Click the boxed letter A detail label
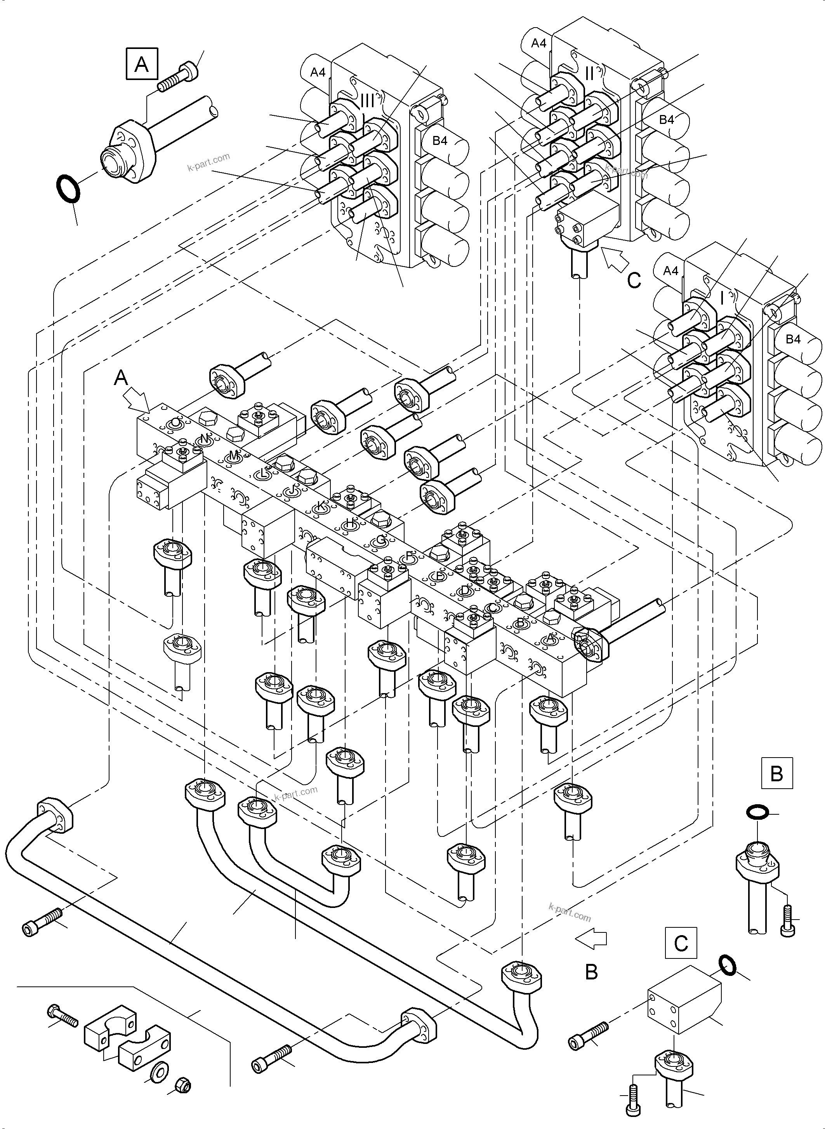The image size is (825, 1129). tap(142, 64)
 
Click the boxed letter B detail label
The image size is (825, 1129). tap(776, 774)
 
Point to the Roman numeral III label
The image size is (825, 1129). tap(367, 101)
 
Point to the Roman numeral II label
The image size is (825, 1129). tap(589, 73)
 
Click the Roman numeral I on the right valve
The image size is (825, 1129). tap(722, 299)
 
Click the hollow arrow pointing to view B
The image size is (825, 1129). tap(591, 939)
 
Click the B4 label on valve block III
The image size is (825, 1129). tap(439, 141)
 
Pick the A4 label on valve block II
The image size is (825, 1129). tap(538, 44)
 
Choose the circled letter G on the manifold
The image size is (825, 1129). tap(380, 540)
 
